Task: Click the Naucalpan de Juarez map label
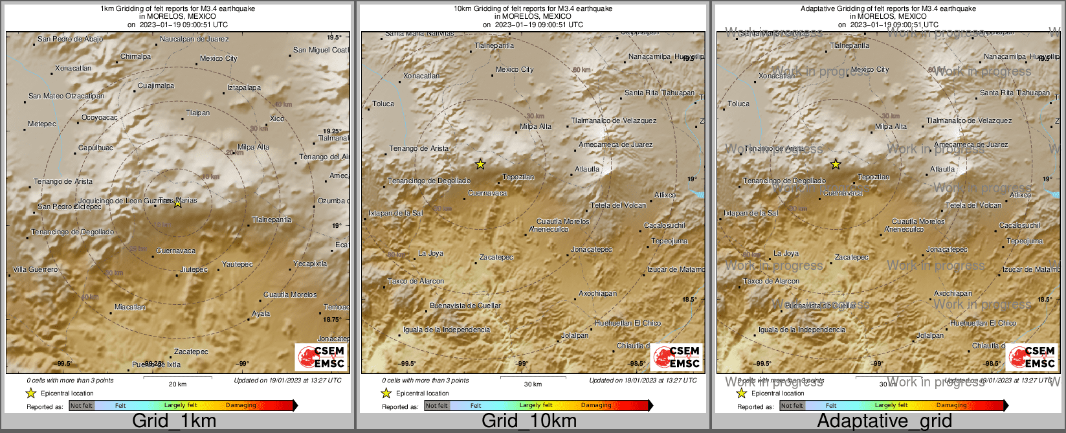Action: (x=194, y=39)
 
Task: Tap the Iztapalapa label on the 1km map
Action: (x=244, y=88)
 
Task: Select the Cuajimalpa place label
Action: (x=156, y=86)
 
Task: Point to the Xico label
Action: (x=277, y=119)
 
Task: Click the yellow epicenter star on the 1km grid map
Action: (x=178, y=203)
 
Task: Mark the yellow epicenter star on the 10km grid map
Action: (x=480, y=164)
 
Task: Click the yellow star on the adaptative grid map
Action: (x=836, y=164)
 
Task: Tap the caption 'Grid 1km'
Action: (x=174, y=421)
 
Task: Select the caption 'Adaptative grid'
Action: (x=884, y=421)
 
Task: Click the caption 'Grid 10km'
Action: (x=529, y=421)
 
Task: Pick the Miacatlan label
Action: (x=130, y=307)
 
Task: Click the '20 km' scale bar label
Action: (x=177, y=384)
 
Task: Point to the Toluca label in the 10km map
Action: (x=383, y=104)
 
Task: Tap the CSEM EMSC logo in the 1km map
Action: (x=321, y=357)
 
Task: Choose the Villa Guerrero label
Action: (x=36, y=270)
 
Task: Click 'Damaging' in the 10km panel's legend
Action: (x=596, y=406)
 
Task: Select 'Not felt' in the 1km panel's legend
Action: (x=82, y=406)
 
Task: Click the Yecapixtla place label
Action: (x=310, y=264)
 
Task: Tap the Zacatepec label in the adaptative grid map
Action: (x=852, y=258)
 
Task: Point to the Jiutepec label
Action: (x=194, y=270)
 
